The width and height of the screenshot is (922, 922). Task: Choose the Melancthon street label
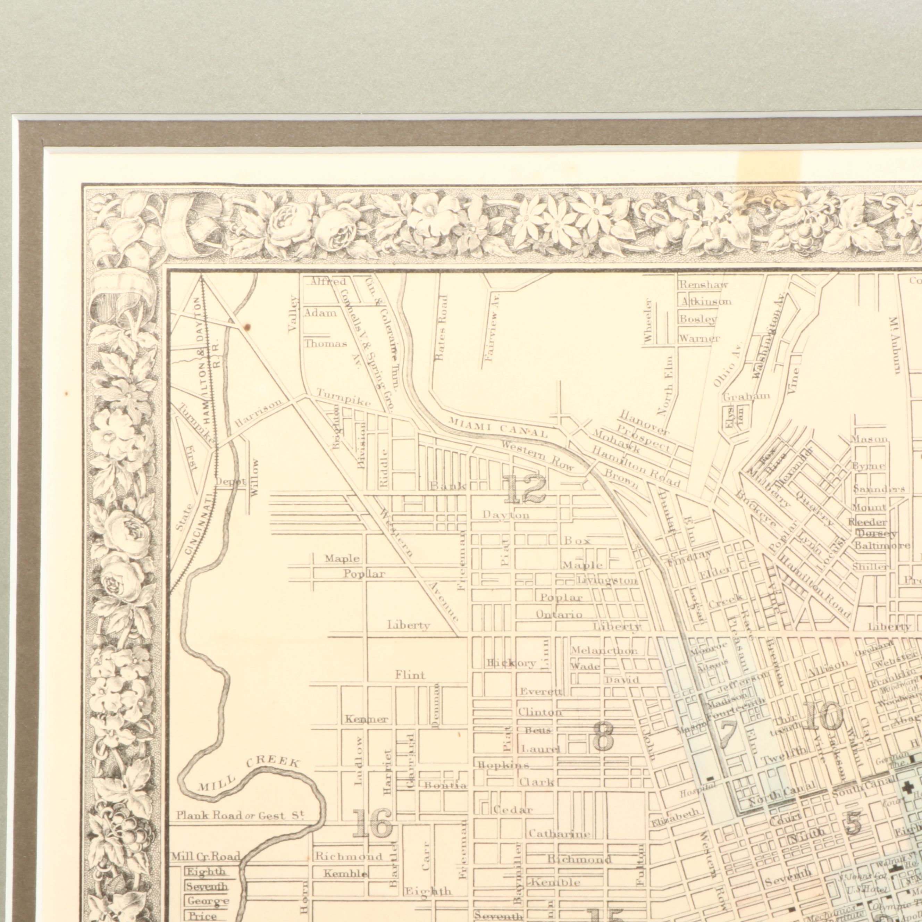[604, 651]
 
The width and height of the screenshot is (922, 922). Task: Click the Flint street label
[410, 675]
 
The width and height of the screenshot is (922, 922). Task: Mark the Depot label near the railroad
[230, 481]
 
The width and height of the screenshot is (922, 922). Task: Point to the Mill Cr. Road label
[206, 856]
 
